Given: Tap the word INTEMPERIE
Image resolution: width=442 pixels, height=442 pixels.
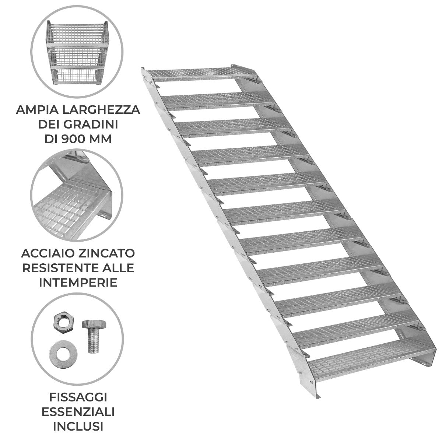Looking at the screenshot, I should point(78,283).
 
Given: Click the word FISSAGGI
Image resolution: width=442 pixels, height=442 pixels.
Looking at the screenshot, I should point(78,397).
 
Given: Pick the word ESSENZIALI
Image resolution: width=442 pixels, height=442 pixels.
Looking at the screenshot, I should point(78,412).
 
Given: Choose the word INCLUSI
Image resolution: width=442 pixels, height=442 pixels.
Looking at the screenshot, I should point(78,427).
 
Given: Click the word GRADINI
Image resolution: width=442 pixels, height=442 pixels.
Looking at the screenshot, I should point(96,125).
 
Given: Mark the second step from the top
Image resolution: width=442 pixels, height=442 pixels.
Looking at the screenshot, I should point(217,100).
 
